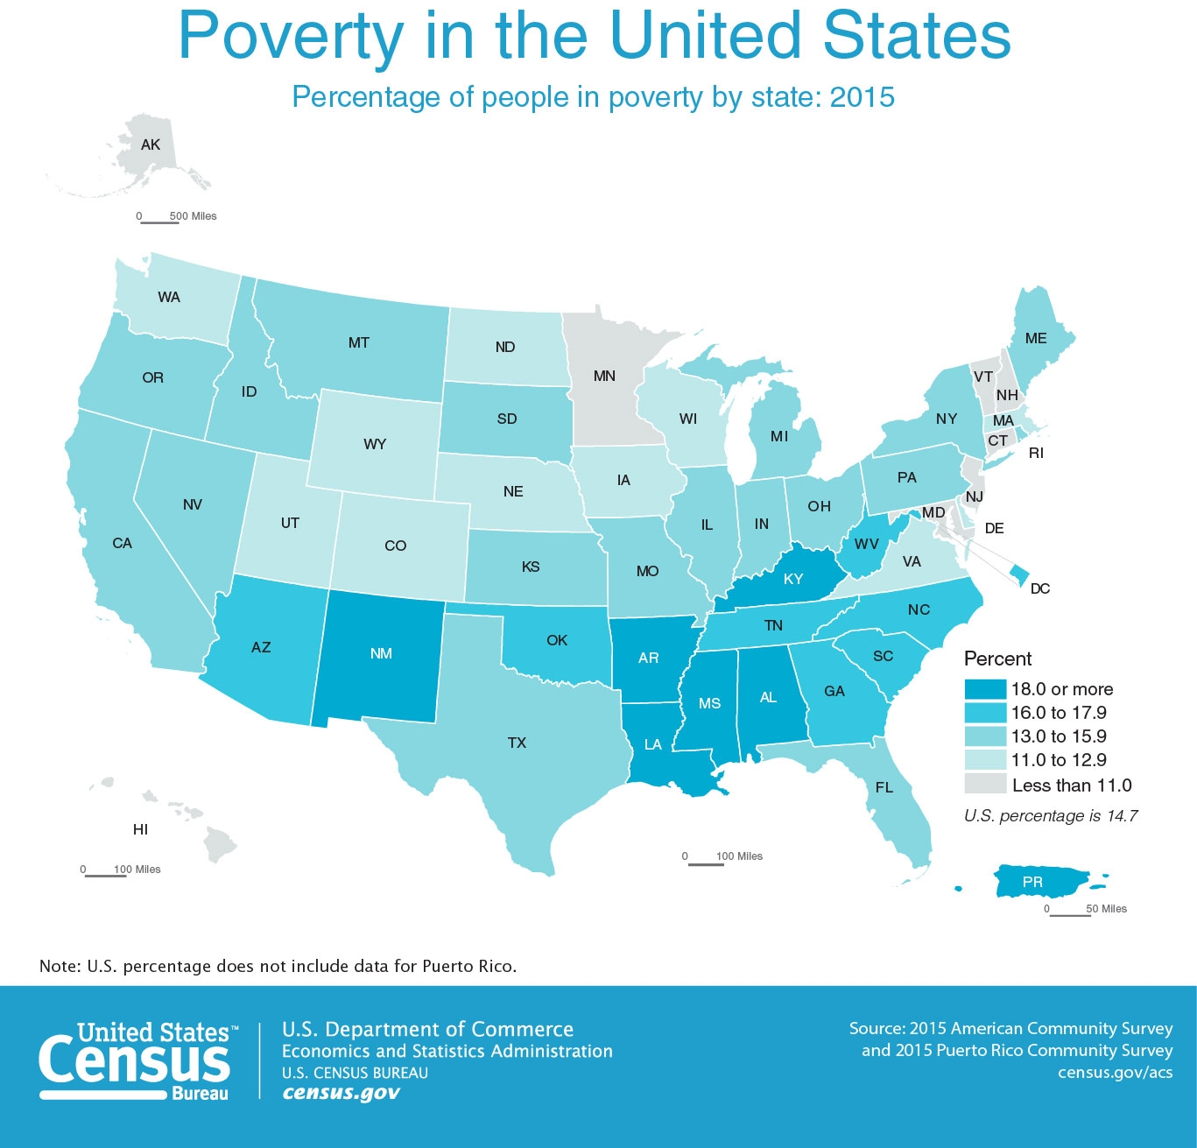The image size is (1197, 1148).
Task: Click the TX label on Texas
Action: pos(517,743)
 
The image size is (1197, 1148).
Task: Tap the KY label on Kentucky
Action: pos(793,579)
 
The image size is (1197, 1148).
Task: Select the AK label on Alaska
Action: pos(151,144)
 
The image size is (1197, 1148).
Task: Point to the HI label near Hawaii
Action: pos(140,829)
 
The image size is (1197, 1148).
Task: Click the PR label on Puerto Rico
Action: pos(1032,882)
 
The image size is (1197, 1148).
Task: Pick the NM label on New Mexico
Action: pos(381,653)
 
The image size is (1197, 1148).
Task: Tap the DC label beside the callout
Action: pos(1039,588)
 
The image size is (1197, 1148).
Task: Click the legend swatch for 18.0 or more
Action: pos(984,689)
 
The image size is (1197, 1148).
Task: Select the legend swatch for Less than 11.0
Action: pos(984,784)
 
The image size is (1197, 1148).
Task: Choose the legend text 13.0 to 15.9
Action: pos(1059,736)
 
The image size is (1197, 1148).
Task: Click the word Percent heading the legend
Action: pos(997,659)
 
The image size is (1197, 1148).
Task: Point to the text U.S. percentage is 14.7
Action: pos(1051,815)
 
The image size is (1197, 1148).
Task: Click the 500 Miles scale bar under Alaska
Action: pos(159,222)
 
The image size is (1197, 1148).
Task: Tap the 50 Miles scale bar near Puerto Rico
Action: pos(1070,915)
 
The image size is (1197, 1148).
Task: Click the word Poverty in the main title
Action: pos(290,35)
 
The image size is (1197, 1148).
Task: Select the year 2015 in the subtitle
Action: pos(862,96)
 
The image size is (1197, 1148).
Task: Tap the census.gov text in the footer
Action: pos(341,1093)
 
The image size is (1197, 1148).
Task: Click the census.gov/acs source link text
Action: pos(1115,1072)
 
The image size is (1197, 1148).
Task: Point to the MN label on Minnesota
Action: pos(604,376)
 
